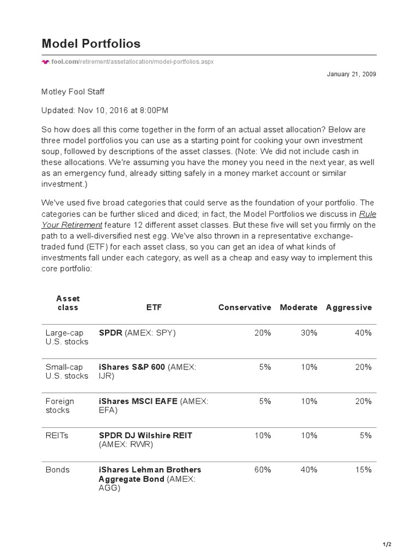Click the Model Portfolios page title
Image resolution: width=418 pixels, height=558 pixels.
(91, 44)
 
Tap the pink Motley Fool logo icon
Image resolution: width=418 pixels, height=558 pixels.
(45, 62)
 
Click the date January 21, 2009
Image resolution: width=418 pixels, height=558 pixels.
(351, 74)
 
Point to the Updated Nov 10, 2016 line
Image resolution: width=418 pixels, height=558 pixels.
(105, 110)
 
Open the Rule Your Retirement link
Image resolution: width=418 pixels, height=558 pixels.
(72, 225)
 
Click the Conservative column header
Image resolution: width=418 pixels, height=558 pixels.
(244, 307)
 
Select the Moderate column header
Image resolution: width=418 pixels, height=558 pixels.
(298, 307)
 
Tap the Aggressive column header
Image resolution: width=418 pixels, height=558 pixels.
(348, 307)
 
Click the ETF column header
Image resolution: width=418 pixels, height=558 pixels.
(154, 307)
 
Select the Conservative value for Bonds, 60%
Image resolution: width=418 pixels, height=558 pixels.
(262, 470)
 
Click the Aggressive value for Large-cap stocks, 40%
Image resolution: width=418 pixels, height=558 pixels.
(363, 332)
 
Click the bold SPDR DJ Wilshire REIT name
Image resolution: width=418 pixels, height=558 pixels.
(145, 435)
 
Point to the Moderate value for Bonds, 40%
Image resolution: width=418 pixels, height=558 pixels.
(309, 470)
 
